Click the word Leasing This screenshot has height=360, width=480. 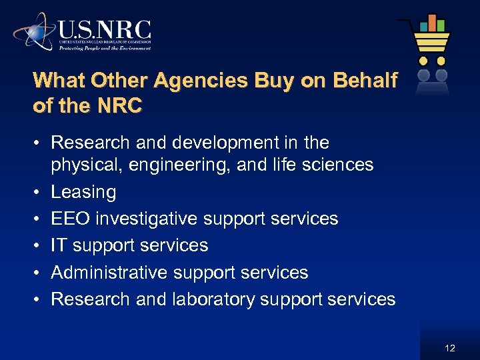coord(83,193)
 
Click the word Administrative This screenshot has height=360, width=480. coord(109,273)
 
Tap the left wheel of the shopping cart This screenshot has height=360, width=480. coord(423,60)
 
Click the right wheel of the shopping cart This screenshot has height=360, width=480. coord(441,60)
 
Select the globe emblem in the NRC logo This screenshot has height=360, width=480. coord(36,31)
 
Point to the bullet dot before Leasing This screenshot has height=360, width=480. coord(37,193)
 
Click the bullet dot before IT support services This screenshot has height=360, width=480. coord(37,246)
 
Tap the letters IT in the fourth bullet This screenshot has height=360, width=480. coord(59,245)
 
